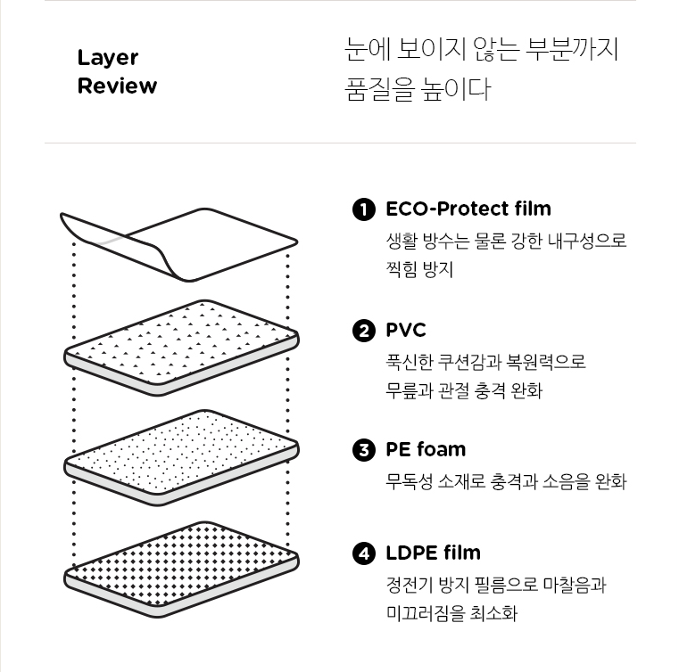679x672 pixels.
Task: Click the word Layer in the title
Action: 107,58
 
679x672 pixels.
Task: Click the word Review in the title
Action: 117,86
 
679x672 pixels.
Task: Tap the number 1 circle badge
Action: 364,209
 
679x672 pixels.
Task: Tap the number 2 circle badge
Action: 364,332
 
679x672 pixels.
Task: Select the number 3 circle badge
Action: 364,450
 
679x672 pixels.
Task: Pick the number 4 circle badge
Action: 364,553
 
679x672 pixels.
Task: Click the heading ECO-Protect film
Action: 468,209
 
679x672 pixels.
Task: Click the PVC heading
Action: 406,331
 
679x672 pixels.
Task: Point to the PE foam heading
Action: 426,449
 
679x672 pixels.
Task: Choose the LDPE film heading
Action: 433,553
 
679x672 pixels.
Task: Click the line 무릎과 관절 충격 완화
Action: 463,390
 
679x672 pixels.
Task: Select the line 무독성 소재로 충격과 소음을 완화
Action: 506,482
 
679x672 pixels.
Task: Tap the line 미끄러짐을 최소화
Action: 451,613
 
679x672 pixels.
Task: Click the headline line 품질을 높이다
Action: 417,90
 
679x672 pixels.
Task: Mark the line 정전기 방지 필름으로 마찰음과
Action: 495,585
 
